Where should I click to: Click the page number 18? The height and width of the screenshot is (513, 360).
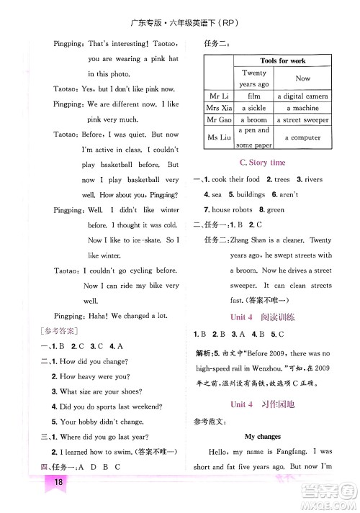[x=55, y=501]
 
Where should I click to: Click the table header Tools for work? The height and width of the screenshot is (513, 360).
[x=283, y=61]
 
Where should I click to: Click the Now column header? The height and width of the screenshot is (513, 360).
[x=303, y=78]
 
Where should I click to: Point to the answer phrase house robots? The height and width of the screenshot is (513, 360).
[x=232, y=209]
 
